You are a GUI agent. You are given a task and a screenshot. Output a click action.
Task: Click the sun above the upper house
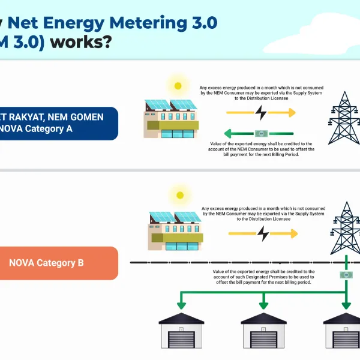(177, 86)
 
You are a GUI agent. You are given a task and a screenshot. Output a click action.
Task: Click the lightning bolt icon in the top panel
(260, 113)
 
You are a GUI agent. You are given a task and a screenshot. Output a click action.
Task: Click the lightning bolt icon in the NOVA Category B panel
(262, 233)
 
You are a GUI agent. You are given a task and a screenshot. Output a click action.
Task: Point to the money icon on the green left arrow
(261, 133)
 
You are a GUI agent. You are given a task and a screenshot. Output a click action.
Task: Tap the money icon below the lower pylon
(346, 275)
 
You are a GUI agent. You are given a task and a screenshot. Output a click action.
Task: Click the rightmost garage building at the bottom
(343, 334)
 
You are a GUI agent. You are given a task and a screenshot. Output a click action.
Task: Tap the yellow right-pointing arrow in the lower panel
(288, 233)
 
